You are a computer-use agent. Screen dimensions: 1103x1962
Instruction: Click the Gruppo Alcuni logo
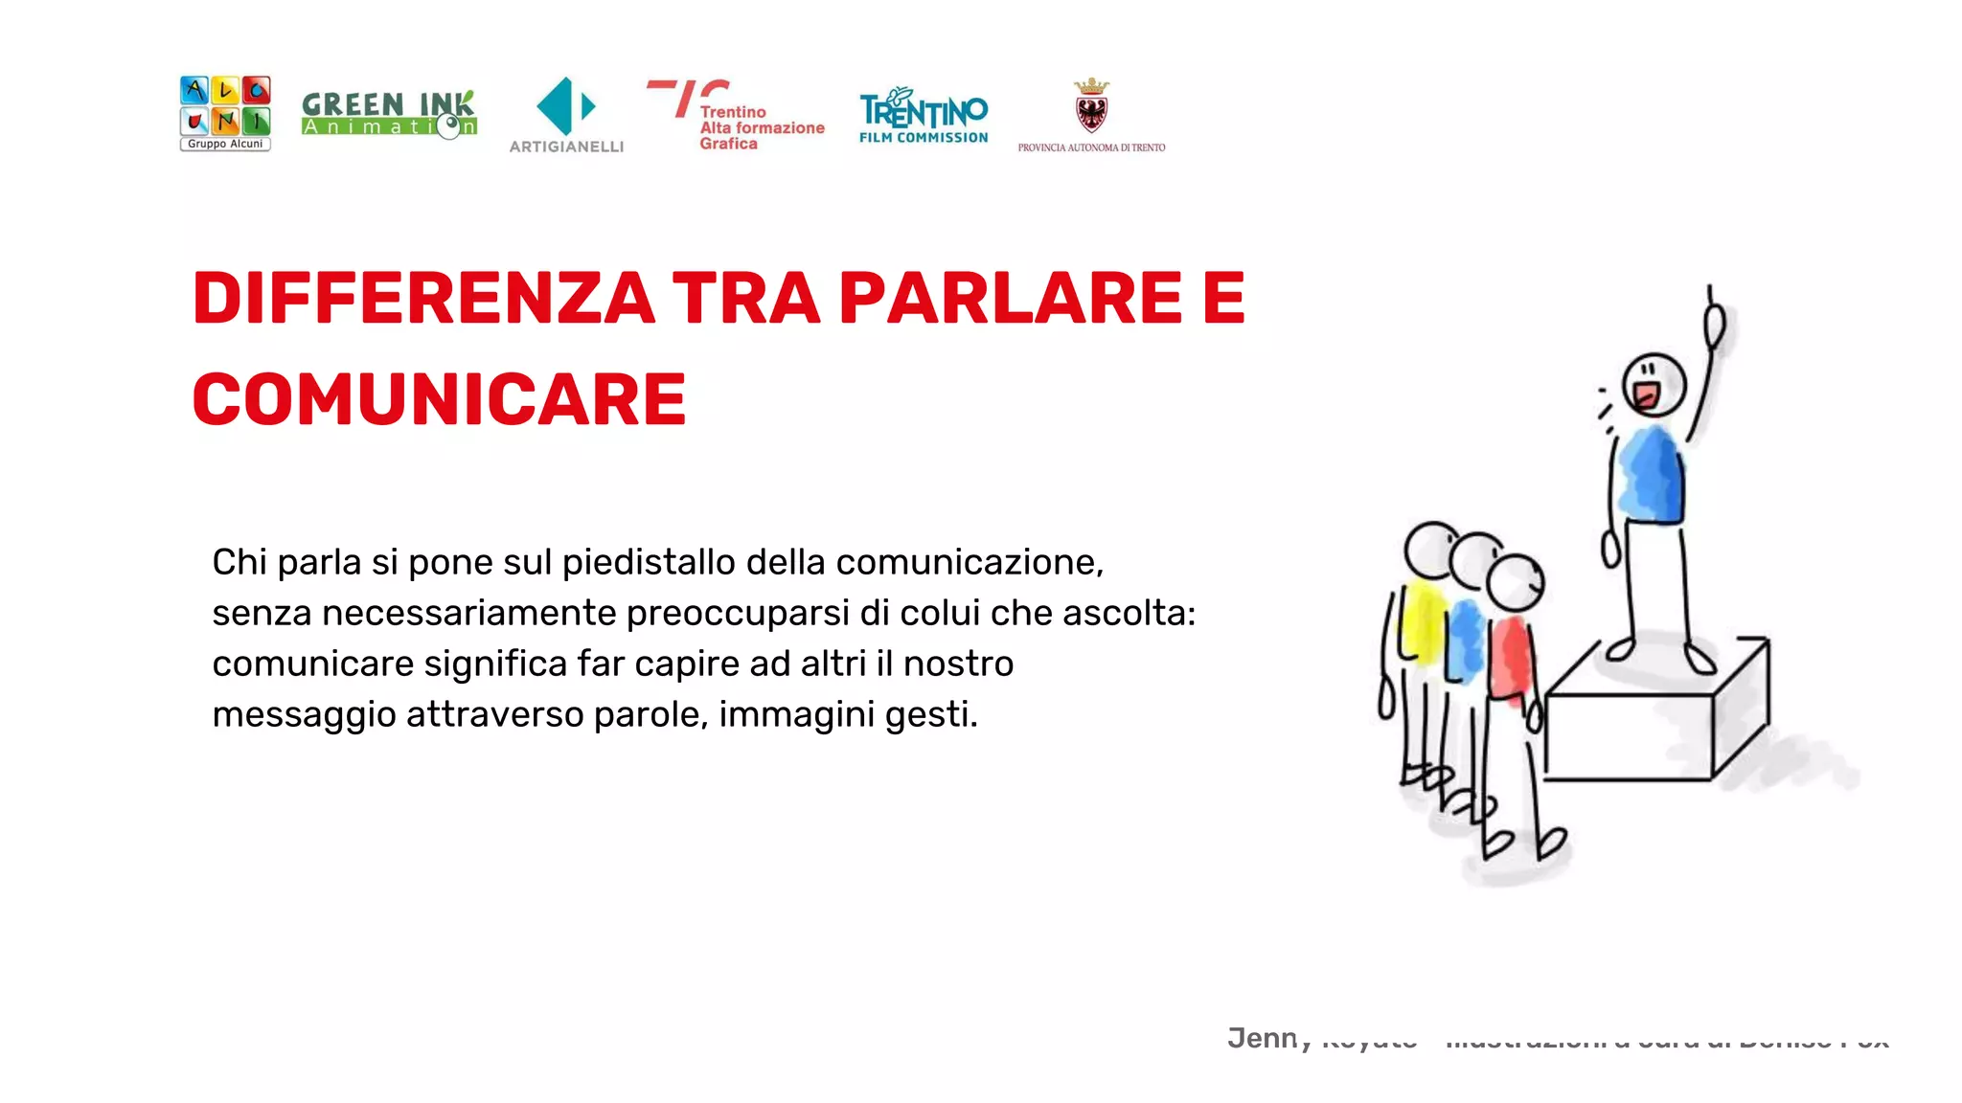[225, 113]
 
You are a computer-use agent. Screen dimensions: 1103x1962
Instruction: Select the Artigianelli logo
[566, 114]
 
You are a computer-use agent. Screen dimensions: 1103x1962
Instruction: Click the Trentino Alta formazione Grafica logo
[736, 116]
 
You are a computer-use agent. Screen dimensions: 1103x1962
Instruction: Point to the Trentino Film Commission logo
[924, 116]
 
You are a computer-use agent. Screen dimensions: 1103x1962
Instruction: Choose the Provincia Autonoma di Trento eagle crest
[1091, 107]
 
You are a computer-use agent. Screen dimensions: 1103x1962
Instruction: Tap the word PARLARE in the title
[1011, 299]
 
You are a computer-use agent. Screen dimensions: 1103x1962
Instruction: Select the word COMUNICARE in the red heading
[440, 399]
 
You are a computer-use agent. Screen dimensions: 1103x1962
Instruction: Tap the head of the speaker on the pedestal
[1654, 384]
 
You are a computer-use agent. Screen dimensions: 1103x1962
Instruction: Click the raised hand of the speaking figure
[1714, 325]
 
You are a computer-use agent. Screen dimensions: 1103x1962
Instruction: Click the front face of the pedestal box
[1628, 736]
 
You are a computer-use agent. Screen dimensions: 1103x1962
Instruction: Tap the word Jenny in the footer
[1266, 1038]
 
